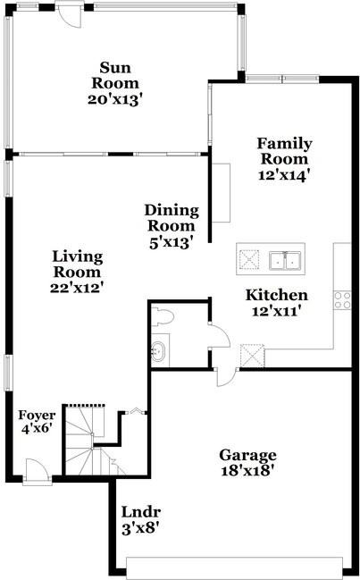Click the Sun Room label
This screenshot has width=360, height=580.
[115, 76]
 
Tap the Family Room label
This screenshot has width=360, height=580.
[284, 151]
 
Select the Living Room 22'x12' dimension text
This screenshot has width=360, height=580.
[77, 288]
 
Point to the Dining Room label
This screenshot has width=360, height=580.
[172, 218]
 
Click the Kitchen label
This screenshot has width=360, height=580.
[276, 295]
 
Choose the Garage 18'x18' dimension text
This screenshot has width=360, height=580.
[247, 471]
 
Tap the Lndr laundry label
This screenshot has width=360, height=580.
[141, 513]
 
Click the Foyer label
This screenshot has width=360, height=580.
[37, 416]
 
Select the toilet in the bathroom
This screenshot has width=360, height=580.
[163, 317]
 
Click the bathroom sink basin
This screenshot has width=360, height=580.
[159, 350]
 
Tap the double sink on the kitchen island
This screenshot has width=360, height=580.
[285, 260]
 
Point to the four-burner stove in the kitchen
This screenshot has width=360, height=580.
[342, 300]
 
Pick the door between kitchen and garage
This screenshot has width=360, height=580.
[226, 377]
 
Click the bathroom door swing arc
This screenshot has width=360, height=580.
[220, 336]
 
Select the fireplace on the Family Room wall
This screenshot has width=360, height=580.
[221, 193]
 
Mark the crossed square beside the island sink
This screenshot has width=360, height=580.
[248, 259]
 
